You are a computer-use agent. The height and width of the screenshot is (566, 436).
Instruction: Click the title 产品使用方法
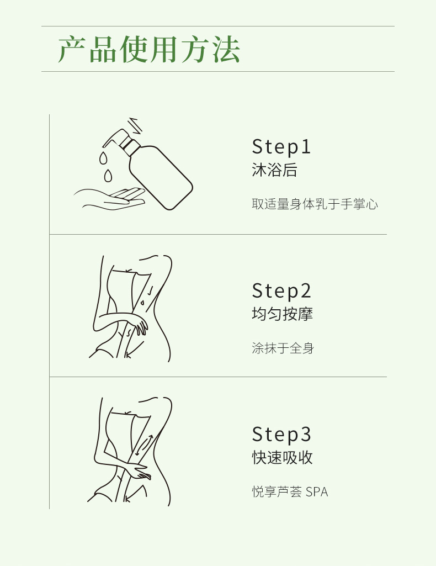tap(148, 49)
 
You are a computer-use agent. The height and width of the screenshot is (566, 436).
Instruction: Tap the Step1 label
tap(281, 147)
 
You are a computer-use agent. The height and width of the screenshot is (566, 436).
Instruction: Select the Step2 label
tap(281, 291)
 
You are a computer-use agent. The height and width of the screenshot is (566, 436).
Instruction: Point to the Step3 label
tap(281, 434)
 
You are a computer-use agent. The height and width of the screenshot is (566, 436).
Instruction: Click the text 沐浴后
tap(274, 170)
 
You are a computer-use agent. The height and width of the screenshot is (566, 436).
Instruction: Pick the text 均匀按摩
tap(282, 314)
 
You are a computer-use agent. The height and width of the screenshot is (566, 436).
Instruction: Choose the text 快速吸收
tap(282, 457)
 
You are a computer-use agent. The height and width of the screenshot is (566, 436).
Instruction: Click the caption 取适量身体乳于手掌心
tap(315, 204)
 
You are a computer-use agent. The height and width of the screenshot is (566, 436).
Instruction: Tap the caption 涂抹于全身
tap(283, 348)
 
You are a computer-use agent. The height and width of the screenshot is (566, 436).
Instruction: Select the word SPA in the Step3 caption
tap(317, 492)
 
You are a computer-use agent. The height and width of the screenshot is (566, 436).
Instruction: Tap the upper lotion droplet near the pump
tap(104, 158)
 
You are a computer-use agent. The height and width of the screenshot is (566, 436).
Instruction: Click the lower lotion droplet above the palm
tap(108, 176)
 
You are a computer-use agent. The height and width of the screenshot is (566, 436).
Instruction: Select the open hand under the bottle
tap(109, 198)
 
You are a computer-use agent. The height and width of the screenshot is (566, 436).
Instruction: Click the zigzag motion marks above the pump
tap(136, 125)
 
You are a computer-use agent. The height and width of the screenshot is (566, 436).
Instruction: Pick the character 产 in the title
tap(72, 49)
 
